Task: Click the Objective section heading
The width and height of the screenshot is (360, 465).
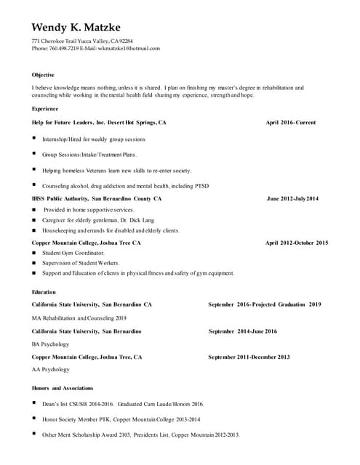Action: click(43, 75)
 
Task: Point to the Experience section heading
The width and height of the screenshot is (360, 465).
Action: click(45, 108)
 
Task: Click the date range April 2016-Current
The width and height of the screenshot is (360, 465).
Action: click(291, 123)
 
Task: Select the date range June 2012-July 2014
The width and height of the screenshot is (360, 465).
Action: click(292, 198)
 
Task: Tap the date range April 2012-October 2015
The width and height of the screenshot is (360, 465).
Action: click(297, 243)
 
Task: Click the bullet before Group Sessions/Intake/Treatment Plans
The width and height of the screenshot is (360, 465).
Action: click(34, 154)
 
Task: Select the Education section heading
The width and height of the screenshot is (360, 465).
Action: click(44, 292)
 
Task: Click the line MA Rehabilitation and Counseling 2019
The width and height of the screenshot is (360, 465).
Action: click(79, 318)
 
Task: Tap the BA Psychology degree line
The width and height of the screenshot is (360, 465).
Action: click(51, 344)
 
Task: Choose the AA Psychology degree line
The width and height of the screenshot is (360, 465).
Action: click(51, 369)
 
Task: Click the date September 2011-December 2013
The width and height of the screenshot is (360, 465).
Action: click(249, 357)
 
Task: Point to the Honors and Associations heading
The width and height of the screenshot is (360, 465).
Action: click(63, 388)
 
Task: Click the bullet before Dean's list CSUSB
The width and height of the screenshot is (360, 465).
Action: click(34, 403)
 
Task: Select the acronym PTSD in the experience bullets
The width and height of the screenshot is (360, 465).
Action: click(201, 186)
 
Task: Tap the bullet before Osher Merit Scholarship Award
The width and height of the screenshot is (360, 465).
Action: click(34, 434)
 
